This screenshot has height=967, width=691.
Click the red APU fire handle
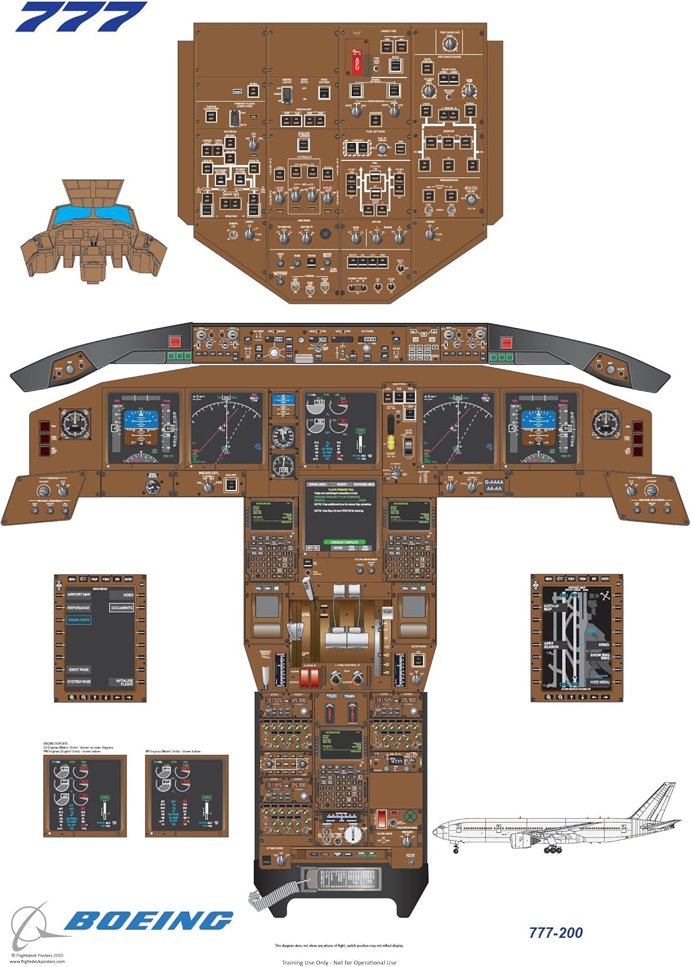[356, 62]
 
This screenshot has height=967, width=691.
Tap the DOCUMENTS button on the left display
[121, 607]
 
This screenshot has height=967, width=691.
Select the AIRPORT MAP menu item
[79, 594]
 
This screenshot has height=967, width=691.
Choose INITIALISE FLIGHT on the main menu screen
[124, 681]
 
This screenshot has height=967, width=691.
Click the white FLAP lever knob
[387, 610]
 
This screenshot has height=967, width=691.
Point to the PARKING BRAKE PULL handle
[266, 674]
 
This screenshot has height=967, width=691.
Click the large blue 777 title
[81, 17]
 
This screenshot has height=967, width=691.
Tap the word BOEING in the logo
[148, 921]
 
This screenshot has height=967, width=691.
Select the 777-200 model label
[556, 933]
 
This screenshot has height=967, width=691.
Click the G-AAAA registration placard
[494, 482]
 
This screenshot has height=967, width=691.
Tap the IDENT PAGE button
[79, 670]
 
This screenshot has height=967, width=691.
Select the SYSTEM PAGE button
[79, 681]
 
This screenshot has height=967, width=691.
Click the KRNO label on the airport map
[603, 645]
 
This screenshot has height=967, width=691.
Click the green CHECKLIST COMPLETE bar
[344, 542]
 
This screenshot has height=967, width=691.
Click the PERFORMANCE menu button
[78, 607]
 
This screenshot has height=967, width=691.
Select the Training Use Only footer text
[338, 962]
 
